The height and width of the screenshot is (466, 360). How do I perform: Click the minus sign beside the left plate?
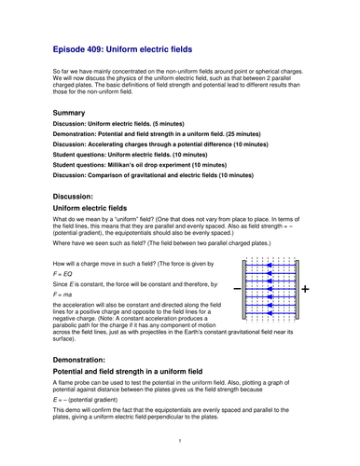[x=234, y=290]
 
